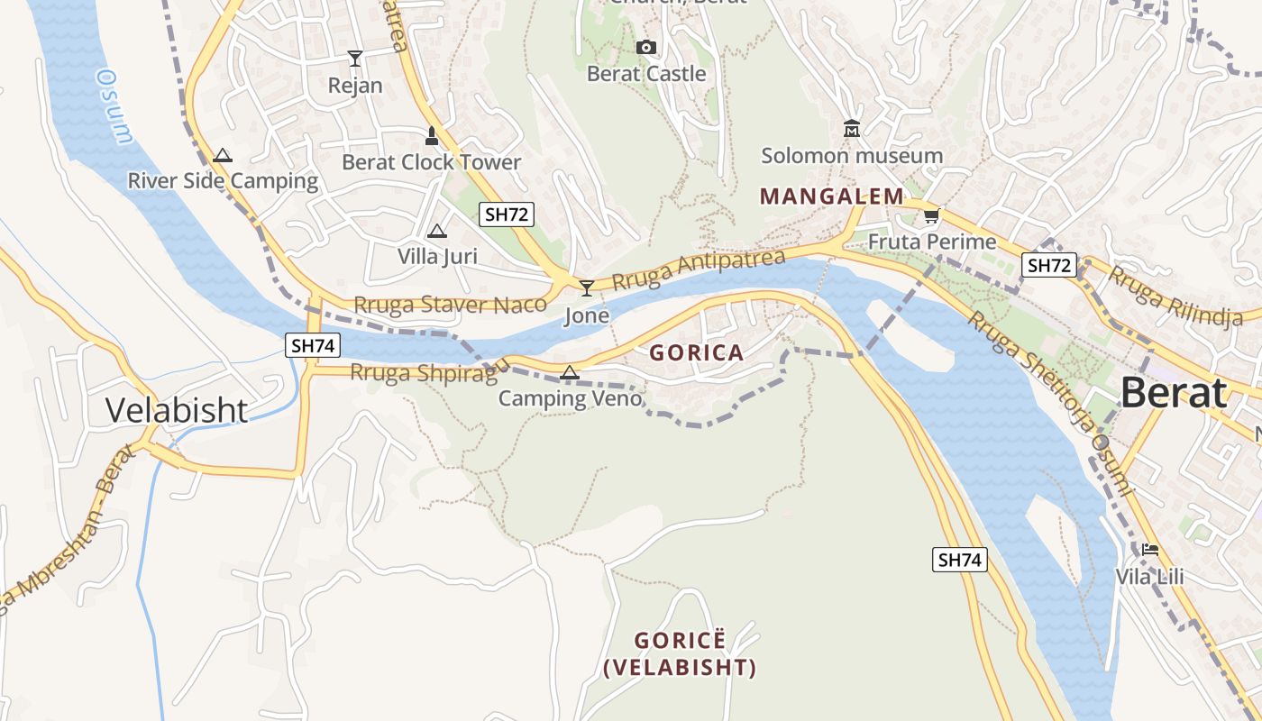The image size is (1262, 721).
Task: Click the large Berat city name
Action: tap(1173, 394)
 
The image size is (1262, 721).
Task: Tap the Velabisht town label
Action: tap(177, 410)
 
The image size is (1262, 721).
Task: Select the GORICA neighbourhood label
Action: tap(697, 353)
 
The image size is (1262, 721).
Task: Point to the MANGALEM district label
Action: tap(831, 196)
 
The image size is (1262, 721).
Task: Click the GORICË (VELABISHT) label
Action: tap(680, 654)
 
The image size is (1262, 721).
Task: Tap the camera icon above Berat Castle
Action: tap(646, 48)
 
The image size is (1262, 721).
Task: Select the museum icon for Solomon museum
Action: tap(852, 130)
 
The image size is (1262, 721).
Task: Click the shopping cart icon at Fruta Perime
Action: tap(931, 216)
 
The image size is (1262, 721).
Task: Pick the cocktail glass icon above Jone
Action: tap(587, 288)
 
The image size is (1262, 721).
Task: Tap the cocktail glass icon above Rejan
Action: tap(355, 59)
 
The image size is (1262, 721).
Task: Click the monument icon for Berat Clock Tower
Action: tap(431, 136)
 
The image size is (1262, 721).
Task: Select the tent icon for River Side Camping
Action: tap(223, 156)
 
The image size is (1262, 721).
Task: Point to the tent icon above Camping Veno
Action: tap(570, 372)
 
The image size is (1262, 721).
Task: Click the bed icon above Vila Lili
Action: tap(1149, 550)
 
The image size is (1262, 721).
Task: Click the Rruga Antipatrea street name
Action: tap(698, 269)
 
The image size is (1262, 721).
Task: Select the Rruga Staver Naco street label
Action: tap(450, 305)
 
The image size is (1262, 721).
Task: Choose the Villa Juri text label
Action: tap(437, 256)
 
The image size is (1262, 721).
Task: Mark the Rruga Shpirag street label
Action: tap(429, 371)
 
